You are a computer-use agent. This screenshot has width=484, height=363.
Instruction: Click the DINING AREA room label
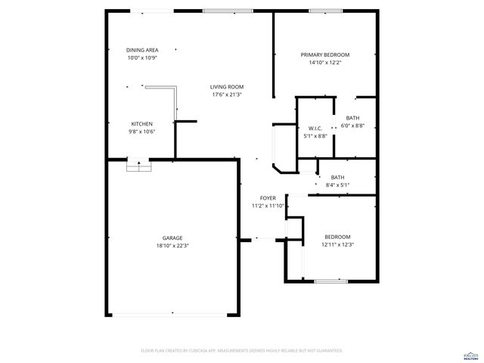tap(142, 50)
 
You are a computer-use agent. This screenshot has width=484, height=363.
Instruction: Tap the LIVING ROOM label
tap(227, 87)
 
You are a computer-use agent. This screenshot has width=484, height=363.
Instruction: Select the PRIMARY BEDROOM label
tap(325, 54)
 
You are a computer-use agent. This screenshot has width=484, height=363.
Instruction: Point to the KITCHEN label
tap(142, 123)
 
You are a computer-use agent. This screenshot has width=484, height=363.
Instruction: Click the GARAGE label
tap(172, 237)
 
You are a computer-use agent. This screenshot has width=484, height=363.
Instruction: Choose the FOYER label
tap(268, 198)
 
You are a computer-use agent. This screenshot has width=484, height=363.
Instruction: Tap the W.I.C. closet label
tap(316, 129)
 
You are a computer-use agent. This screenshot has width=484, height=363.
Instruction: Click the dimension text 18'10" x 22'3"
tap(172, 245)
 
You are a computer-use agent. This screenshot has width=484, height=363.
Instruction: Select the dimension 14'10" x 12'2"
tap(325, 63)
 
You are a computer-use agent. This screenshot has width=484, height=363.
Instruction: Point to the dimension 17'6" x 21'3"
tap(227, 95)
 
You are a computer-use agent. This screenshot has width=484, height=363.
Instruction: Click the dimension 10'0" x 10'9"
tap(142, 58)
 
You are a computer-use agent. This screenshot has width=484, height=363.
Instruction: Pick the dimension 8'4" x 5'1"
tap(337, 185)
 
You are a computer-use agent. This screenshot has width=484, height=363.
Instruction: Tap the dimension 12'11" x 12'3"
tap(338, 244)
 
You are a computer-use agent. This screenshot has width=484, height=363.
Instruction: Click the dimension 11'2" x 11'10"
tap(268, 206)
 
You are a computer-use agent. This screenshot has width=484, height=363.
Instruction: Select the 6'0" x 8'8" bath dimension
tap(353, 126)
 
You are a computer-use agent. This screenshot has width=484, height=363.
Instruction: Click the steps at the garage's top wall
tap(135, 166)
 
